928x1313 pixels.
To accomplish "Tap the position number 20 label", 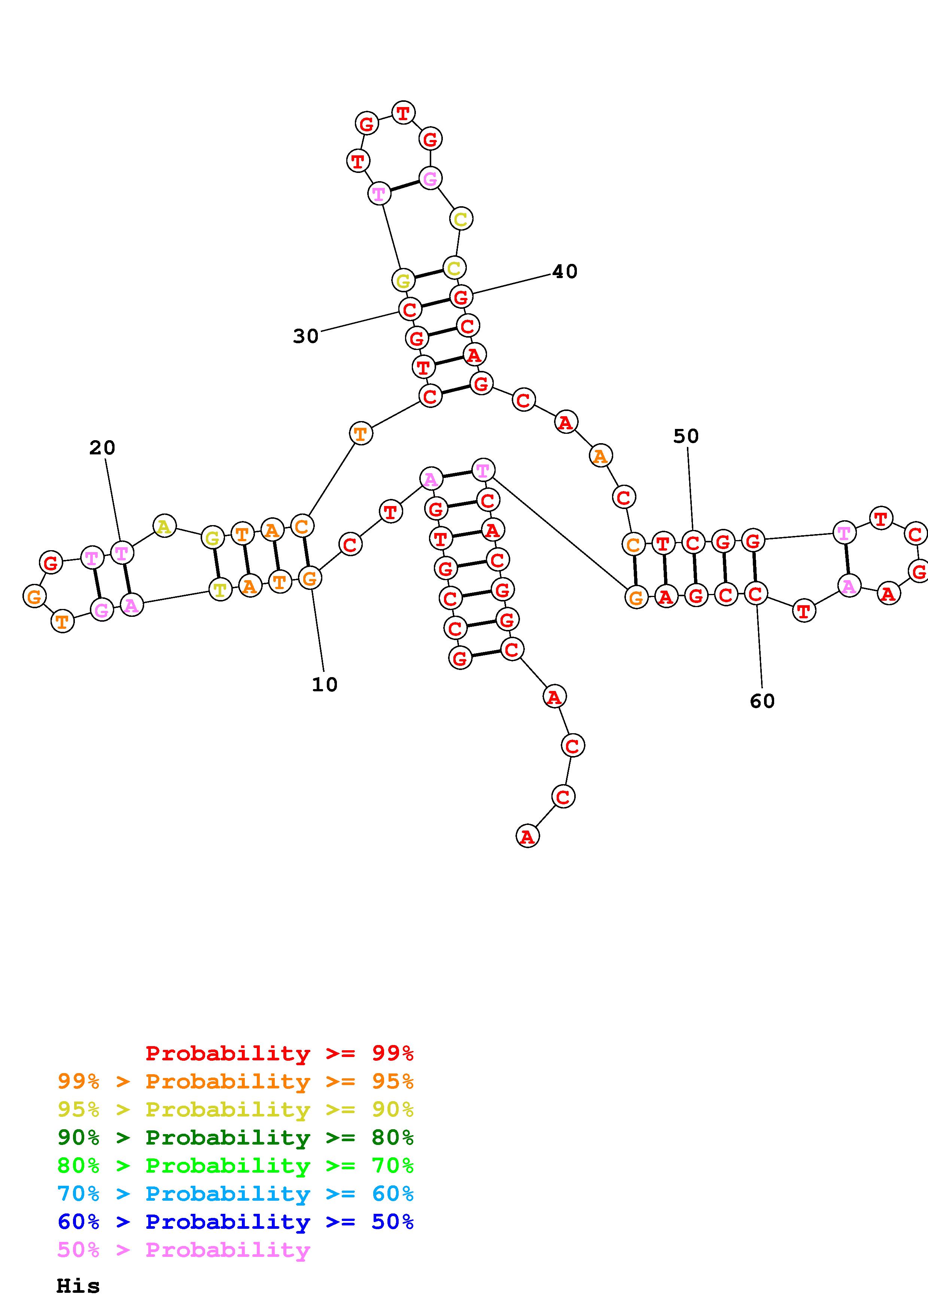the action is point(102,448).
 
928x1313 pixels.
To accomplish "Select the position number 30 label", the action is point(305,336).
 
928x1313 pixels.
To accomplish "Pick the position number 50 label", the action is point(685,436).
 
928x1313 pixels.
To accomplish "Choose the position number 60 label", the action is point(762,701).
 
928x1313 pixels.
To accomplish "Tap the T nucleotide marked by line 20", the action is point(122,553).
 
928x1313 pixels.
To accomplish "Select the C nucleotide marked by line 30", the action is point(410,310).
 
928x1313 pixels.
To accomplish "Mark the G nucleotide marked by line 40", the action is point(461,297).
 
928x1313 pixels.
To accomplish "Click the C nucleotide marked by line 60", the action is point(755,594).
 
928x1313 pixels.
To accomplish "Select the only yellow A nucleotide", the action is point(164,525).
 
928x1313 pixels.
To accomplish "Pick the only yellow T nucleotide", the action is point(220,588).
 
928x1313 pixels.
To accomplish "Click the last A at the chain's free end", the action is point(527,837).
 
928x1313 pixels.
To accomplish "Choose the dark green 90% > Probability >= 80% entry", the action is point(235,1137).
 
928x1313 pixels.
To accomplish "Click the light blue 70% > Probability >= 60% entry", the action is point(235,1194).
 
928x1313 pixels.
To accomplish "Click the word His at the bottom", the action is point(78,1286).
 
